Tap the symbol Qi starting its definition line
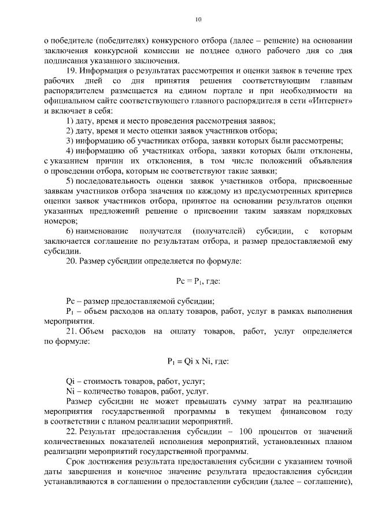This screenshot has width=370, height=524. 71,382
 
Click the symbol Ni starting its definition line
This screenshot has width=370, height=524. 71,391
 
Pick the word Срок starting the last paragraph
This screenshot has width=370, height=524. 77,461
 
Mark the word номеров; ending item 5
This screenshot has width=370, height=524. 60,221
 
